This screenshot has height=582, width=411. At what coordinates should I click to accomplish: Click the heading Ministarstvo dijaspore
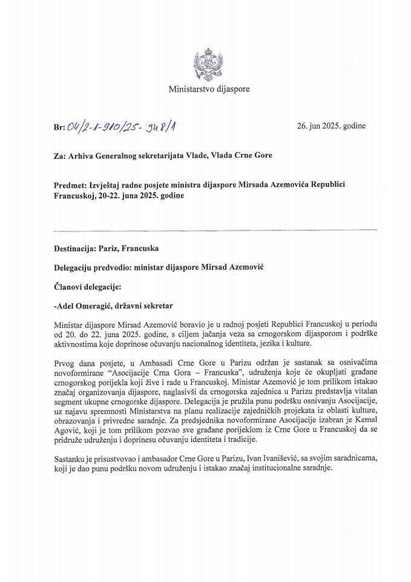[x=209, y=89]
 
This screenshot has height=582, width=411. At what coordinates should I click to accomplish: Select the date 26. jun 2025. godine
[x=331, y=127]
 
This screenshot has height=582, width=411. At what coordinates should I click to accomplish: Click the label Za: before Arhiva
[x=59, y=155]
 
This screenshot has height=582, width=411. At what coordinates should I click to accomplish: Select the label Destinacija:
[x=80, y=249]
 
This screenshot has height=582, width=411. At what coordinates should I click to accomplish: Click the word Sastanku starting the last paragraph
[x=71, y=458]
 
